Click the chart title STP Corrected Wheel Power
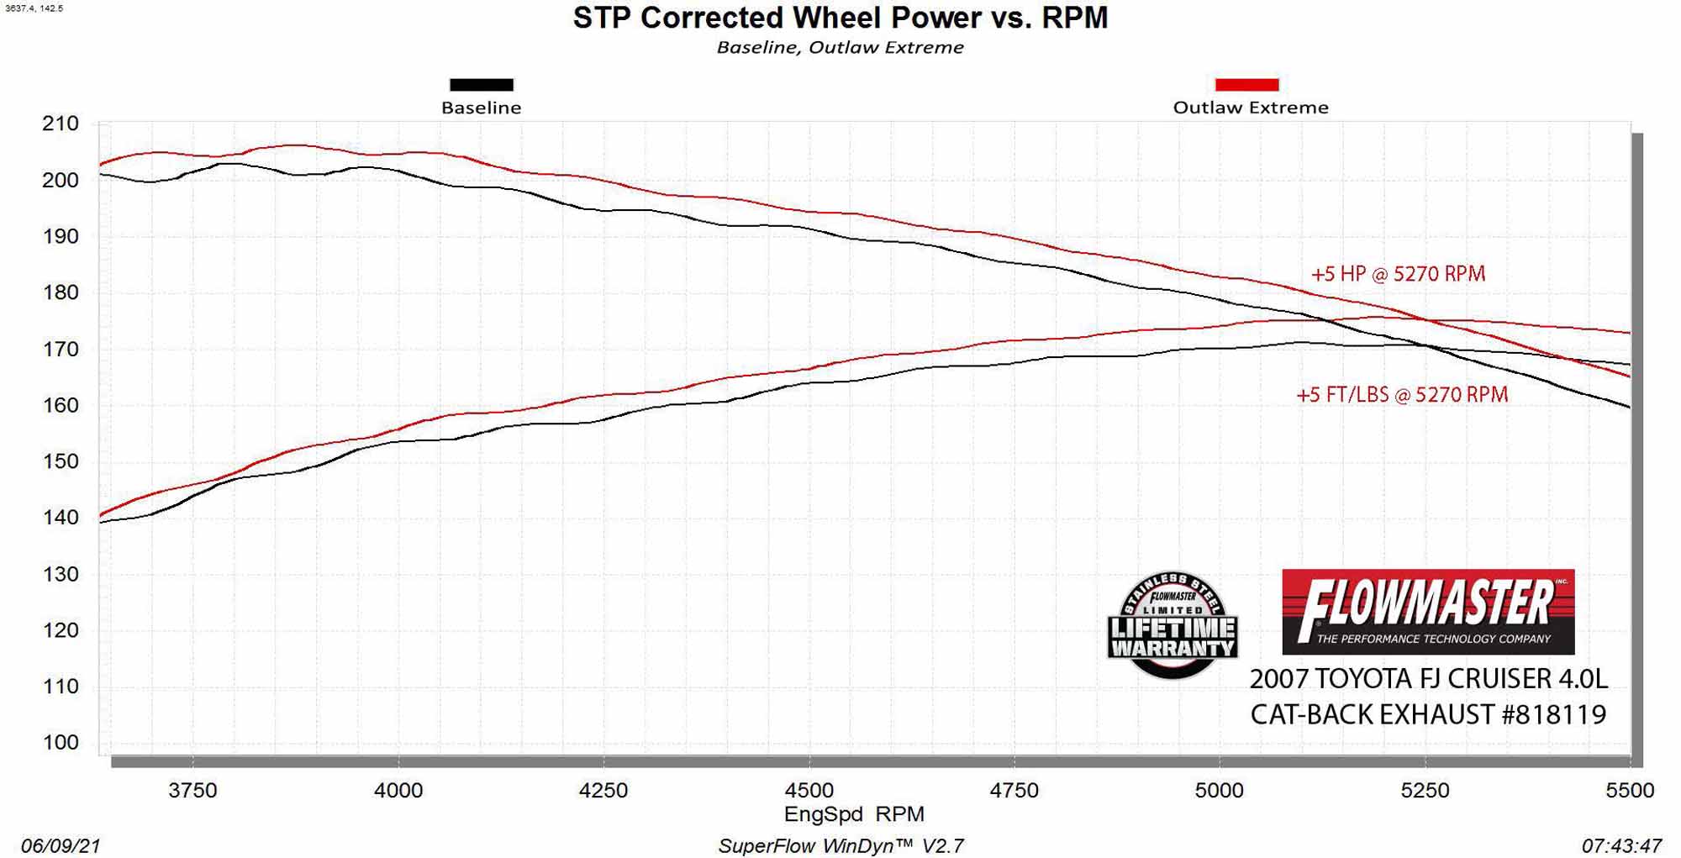(x=840, y=18)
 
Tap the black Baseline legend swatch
(x=481, y=85)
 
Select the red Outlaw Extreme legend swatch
(x=1246, y=85)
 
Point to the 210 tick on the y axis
(x=61, y=124)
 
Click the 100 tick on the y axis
(x=61, y=742)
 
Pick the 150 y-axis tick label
(x=61, y=461)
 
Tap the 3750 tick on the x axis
(x=192, y=790)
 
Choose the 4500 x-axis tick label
(x=809, y=790)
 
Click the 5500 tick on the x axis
(x=1630, y=790)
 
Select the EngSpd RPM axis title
(x=854, y=813)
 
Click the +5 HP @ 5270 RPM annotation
(x=1398, y=274)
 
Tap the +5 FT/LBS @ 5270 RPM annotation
(x=1402, y=394)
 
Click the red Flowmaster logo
(x=1427, y=612)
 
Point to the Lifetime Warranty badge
(x=1172, y=626)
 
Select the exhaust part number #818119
(x=1553, y=714)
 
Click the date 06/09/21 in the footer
(x=61, y=845)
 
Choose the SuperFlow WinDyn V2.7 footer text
(x=840, y=845)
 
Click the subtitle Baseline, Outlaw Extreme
(x=840, y=48)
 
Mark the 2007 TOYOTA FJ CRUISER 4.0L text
(x=1428, y=678)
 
